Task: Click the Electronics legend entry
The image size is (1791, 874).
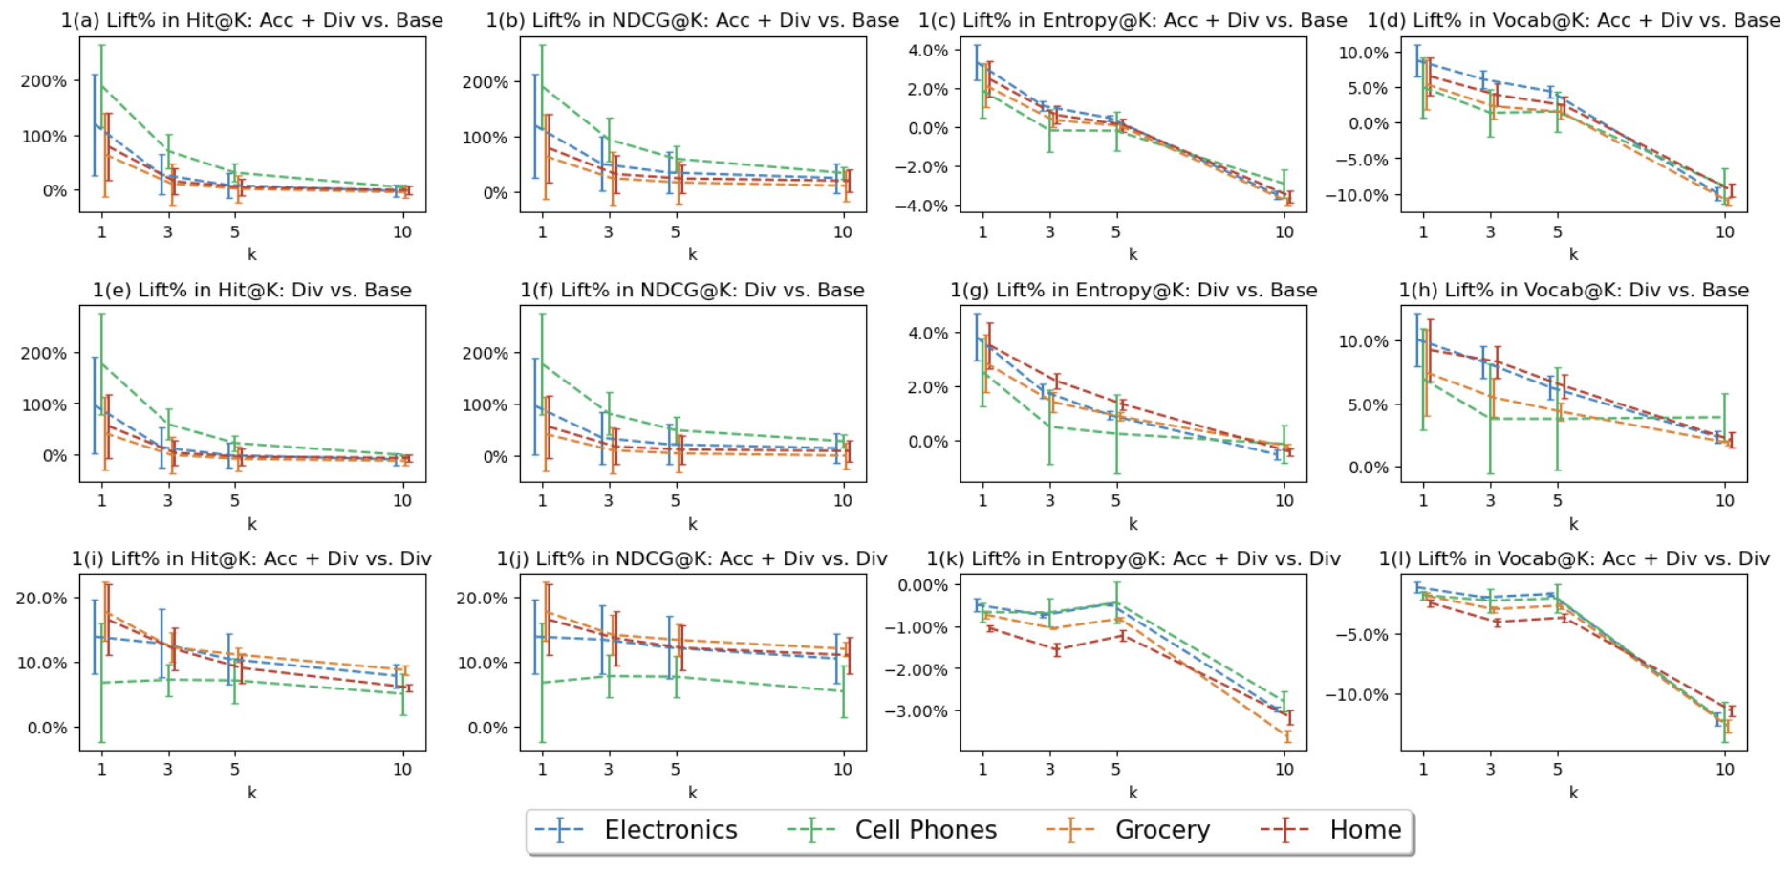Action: tap(670, 830)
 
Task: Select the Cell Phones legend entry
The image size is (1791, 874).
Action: tap(925, 830)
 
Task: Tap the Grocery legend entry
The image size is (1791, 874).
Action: tap(1162, 830)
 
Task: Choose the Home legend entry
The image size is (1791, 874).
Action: tap(1365, 830)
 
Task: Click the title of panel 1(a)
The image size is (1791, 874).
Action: tap(252, 20)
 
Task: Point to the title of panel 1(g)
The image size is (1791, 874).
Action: tap(1133, 290)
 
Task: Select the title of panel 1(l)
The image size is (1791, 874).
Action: tap(1574, 558)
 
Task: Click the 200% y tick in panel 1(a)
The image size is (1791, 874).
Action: tap(44, 81)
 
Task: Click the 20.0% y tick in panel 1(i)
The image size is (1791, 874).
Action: tap(42, 599)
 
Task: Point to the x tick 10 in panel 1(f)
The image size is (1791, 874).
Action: tap(842, 500)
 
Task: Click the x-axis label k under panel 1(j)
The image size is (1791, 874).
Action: tap(693, 793)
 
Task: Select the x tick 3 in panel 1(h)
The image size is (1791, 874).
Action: tap(1490, 500)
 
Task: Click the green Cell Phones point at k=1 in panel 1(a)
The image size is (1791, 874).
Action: tap(102, 86)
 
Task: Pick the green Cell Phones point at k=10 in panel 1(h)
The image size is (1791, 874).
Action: tap(1725, 417)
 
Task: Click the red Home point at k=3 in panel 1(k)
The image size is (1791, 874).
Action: tap(1056, 650)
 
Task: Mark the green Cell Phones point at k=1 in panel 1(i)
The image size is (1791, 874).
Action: tap(102, 683)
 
